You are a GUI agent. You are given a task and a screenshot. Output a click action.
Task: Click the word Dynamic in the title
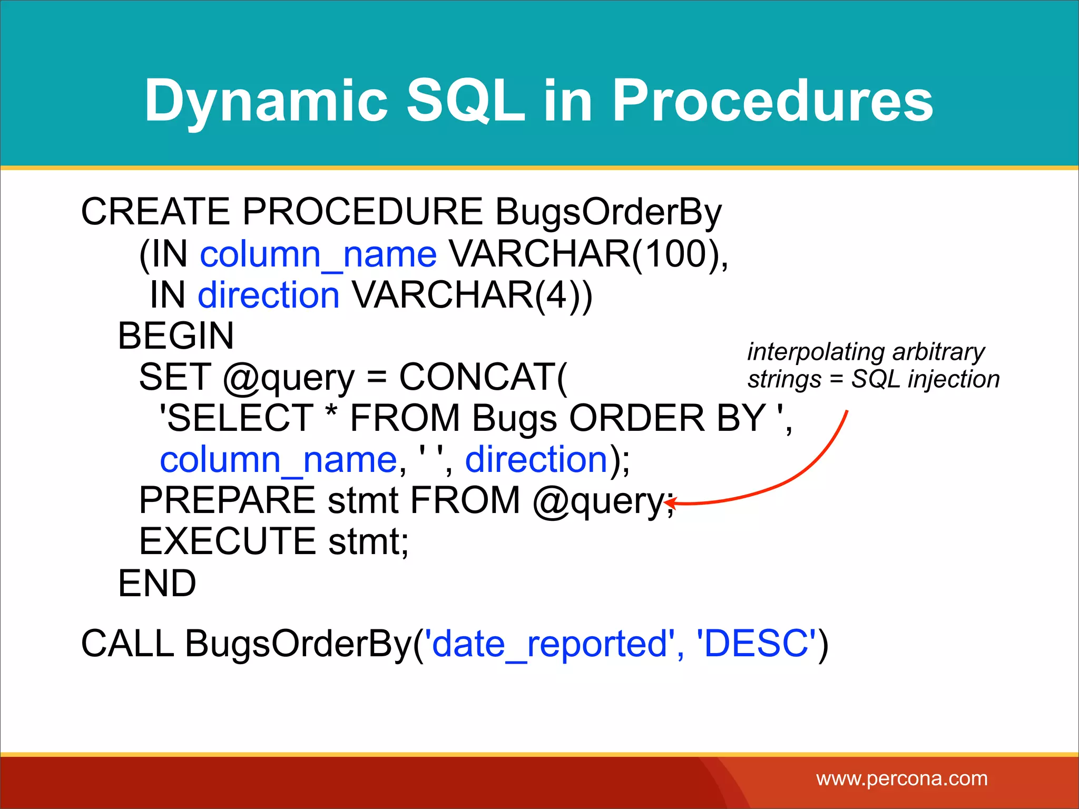266,101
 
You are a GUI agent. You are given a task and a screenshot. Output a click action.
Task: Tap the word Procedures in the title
772,101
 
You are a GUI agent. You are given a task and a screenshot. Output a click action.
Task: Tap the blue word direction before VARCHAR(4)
269,295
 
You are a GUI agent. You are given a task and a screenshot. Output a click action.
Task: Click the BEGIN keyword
175,336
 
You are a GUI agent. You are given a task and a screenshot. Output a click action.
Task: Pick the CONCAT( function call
483,378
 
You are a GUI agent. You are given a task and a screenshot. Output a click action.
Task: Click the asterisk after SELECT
331,413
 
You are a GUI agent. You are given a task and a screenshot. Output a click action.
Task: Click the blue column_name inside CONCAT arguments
278,460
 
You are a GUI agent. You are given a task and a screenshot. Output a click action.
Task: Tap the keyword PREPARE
227,501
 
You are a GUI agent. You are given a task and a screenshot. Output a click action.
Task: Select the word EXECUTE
227,542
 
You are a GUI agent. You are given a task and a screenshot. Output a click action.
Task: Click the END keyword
157,584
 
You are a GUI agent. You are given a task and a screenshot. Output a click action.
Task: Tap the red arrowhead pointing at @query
670,503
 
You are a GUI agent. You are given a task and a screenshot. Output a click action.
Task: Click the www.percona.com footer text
901,778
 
